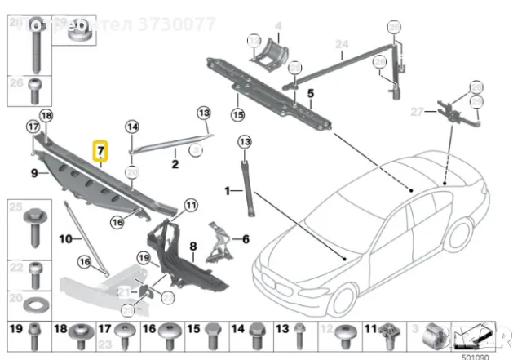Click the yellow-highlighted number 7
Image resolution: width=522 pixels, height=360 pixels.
[100, 152]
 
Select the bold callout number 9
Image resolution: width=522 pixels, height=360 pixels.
[34, 173]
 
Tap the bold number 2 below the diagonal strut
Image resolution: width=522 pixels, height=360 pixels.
[175, 165]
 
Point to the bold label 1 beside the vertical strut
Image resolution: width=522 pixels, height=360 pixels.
[228, 192]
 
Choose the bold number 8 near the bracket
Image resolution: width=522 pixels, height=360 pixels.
[193, 246]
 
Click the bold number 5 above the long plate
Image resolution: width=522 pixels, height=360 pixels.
[311, 93]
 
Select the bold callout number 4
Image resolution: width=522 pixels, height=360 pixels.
[277, 27]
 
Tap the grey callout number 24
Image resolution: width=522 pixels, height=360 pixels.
[341, 44]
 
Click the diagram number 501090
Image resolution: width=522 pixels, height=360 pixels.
[476, 355]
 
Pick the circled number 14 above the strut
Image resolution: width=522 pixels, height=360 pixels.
[132, 127]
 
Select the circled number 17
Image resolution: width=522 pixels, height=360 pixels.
[33, 127]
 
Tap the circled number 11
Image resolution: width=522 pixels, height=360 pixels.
[191, 207]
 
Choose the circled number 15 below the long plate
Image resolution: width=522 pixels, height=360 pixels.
[237, 114]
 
